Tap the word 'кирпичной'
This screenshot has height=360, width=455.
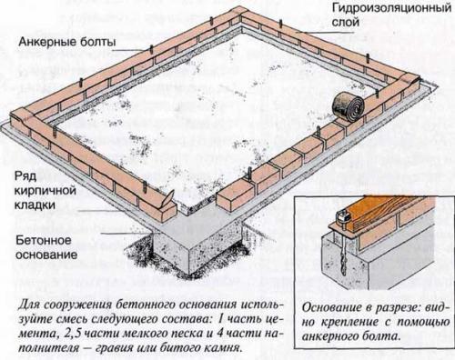coord(42,189)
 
